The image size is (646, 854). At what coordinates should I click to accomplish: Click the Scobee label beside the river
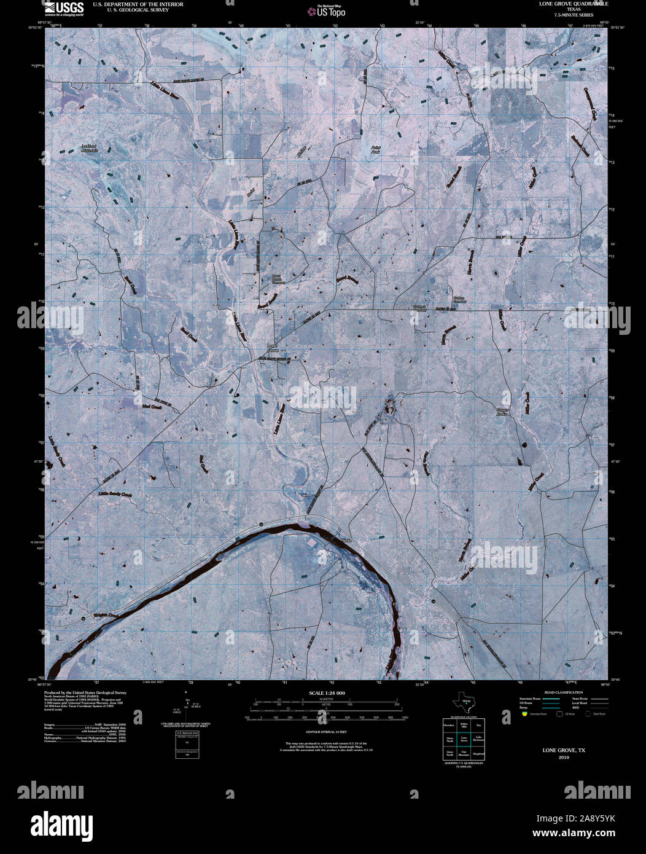point(346,539)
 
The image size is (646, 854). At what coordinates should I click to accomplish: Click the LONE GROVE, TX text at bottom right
point(564,750)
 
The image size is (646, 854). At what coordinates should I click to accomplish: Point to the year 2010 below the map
point(564,758)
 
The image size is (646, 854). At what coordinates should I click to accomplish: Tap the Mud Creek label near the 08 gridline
point(150,407)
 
